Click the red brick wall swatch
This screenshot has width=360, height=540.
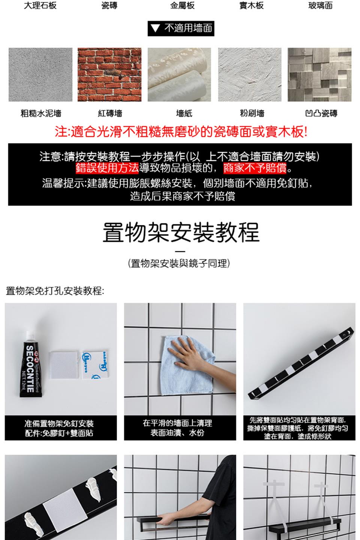(x=109, y=75)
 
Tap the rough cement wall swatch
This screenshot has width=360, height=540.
(x=40, y=75)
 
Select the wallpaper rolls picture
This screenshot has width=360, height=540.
(x=179, y=75)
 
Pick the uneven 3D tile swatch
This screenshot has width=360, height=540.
(x=319, y=75)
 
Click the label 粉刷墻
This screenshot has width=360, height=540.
(x=252, y=113)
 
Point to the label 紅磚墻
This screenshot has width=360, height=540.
(x=110, y=113)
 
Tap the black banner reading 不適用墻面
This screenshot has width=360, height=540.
(x=181, y=28)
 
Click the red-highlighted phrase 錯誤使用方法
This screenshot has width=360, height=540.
(x=107, y=168)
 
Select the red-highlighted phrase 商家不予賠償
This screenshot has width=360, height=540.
(x=255, y=168)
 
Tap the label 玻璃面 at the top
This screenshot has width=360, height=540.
(x=320, y=5)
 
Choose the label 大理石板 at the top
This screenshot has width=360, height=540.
(x=40, y=5)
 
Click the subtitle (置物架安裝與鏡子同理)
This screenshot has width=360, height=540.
(x=179, y=264)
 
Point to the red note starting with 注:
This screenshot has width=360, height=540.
(x=181, y=132)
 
